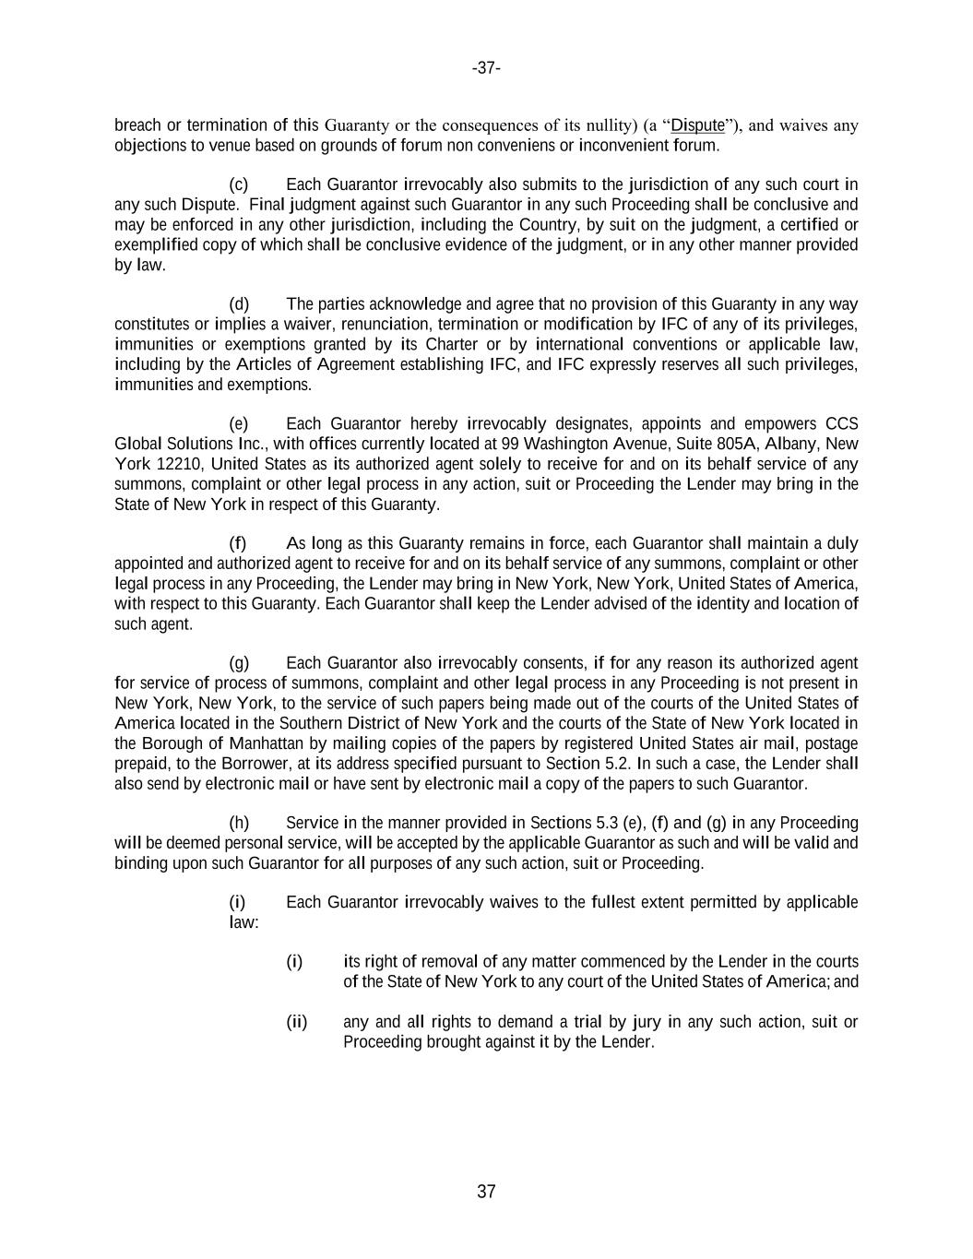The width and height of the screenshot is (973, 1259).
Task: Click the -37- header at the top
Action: click(486, 68)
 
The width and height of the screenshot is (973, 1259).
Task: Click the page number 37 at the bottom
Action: click(486, 1192)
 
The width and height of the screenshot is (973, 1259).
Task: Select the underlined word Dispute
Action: click(697, 125)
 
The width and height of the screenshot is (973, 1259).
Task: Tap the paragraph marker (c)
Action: click(238, 184)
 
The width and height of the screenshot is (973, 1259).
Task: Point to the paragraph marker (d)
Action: click(239, 304)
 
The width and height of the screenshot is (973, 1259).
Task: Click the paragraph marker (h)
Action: click(239, 823)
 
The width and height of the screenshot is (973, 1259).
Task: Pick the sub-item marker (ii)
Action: click(296, 1022)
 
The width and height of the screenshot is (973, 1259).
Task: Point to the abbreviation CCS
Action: click(841, 424)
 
